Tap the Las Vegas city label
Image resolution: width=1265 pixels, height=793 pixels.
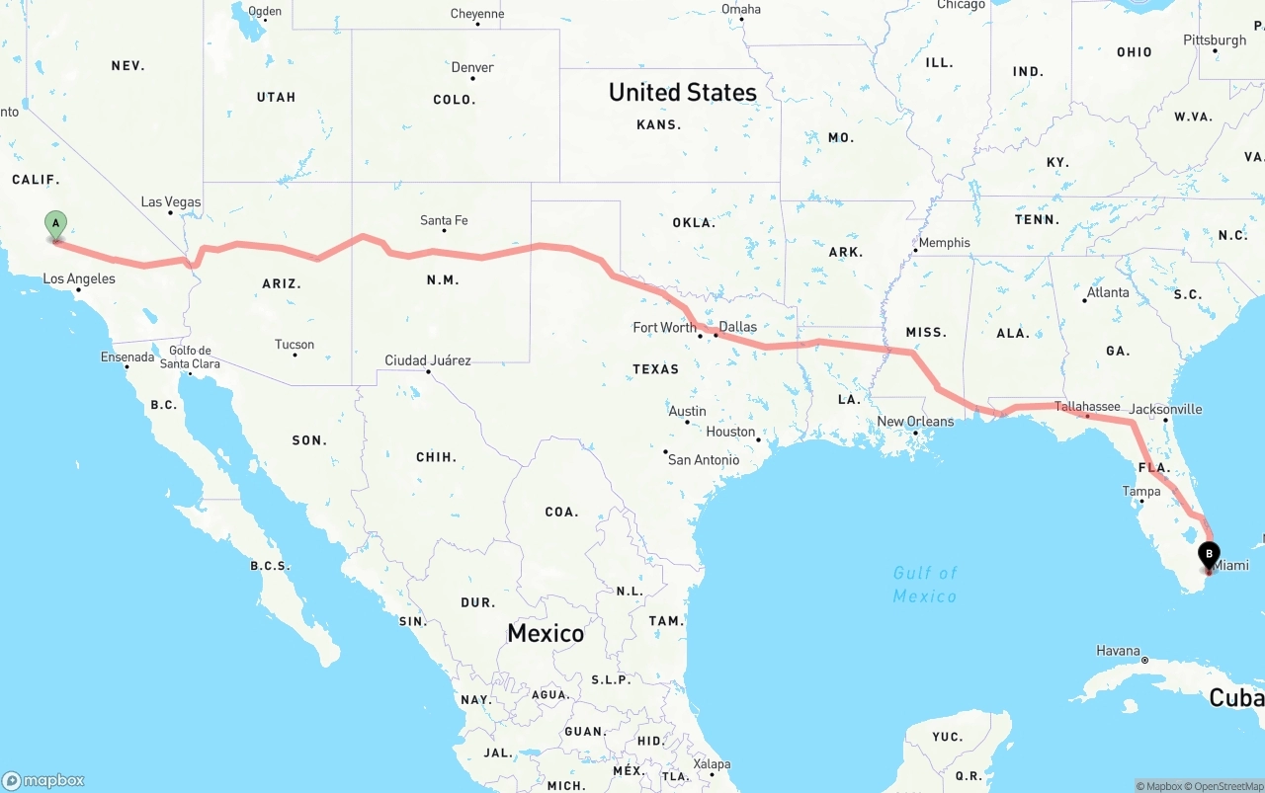coord(171,201)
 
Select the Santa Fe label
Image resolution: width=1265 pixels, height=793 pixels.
coord(444,220)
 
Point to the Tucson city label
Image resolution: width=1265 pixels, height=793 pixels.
coord(295,345)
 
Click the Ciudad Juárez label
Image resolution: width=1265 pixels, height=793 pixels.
coord(428,360)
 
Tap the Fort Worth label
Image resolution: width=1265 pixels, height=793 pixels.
coord(665,327)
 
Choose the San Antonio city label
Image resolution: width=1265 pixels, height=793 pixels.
coord(704,459)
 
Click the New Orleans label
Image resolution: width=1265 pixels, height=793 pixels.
coord(916,422)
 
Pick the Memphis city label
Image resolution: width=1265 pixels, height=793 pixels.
coord(945,242)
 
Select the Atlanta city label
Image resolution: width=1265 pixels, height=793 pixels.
coord(1108,292)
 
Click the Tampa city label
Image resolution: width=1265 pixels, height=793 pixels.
coord(1141,491)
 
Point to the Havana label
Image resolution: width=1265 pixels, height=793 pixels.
coord(1118,651)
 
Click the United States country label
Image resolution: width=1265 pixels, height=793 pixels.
coord(683,92)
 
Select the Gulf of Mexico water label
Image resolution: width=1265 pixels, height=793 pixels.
coord(925,585)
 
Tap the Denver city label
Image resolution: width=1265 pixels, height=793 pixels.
coord(472,67)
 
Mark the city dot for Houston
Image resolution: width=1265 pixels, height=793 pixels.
coord(758,439)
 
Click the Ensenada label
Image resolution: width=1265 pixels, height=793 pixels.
coord(127,357)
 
